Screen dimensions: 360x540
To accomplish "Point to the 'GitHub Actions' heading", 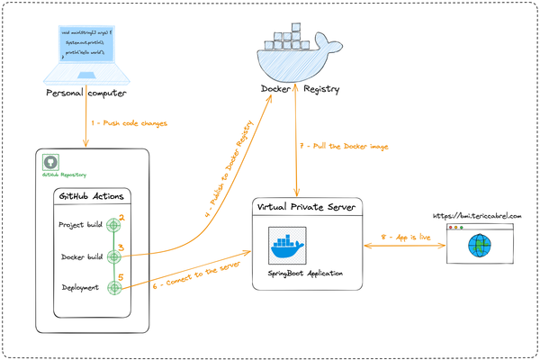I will (x=94, y=196).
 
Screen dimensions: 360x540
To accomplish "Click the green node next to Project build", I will (x=113, y=224).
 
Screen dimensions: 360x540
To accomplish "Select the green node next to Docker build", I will (x=113, y=256).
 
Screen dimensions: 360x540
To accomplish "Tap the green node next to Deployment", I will (x=113, y=288).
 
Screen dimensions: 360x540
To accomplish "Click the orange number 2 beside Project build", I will (x=121, y=217).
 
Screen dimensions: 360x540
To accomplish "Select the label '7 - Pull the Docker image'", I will (x=343, y=146).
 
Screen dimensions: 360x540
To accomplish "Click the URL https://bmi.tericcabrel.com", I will (x=477, y=216).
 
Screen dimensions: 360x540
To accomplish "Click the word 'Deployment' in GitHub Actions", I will (x=81, y=289).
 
